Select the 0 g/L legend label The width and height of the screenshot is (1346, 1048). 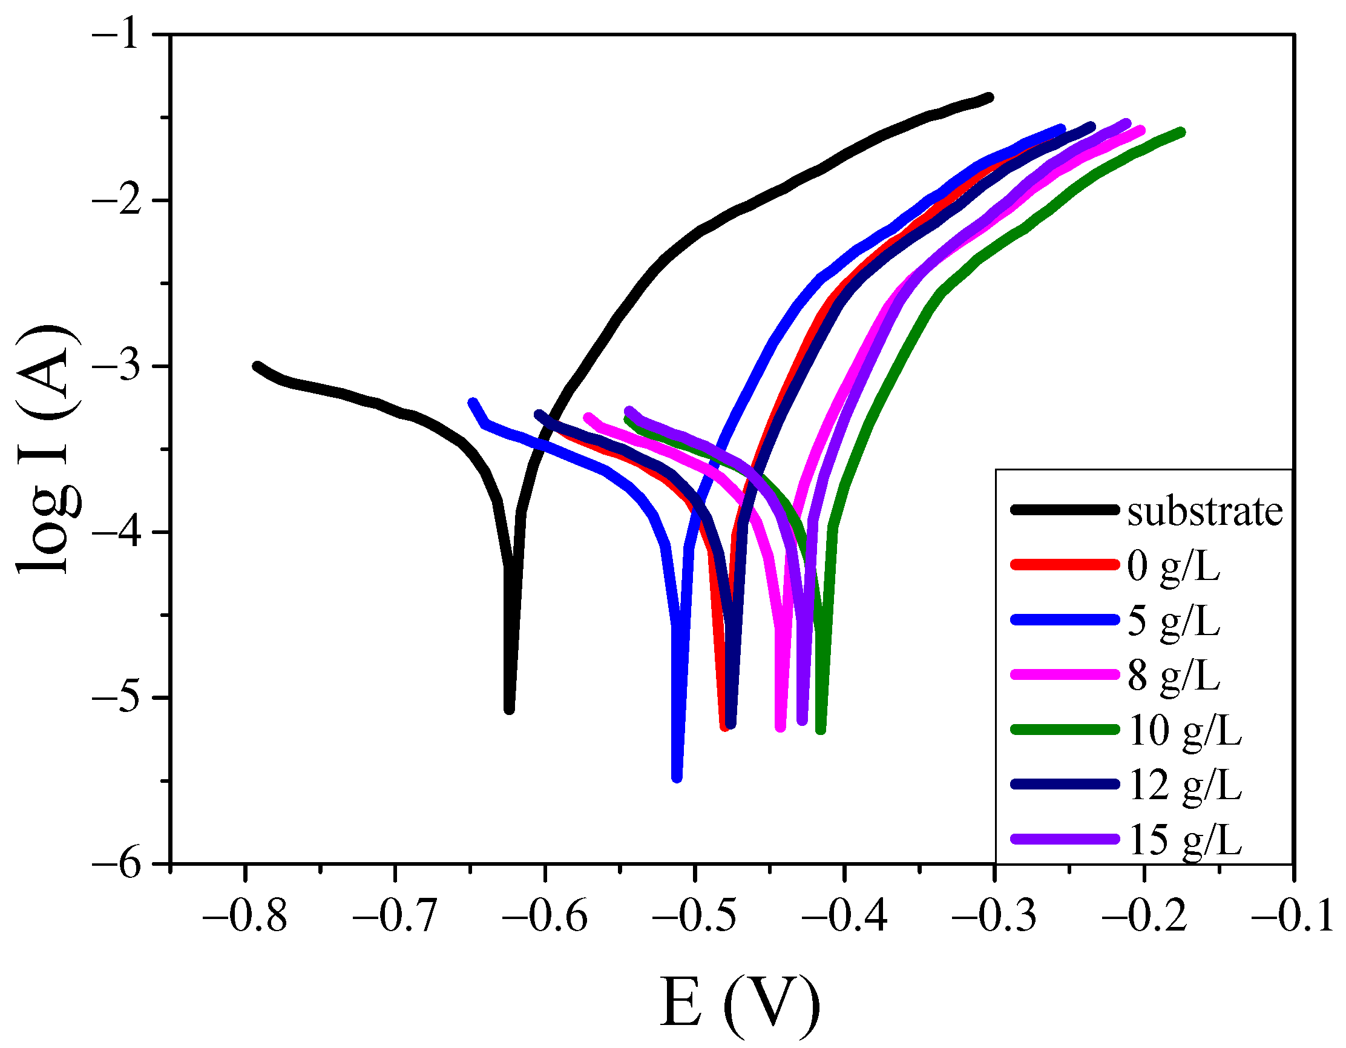[1174, 566]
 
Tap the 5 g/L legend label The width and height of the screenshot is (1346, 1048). [1174, 621]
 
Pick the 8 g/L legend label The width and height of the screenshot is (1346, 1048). [1174, 676]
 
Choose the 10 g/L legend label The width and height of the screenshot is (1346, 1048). [1184, 731]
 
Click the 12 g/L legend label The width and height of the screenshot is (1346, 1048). [1184, 785]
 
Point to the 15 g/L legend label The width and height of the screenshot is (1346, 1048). [1184, 840]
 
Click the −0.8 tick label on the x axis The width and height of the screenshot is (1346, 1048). [245, 916]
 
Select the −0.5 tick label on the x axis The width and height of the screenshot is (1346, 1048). [694, 916]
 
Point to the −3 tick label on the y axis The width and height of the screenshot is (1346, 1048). [123, 366]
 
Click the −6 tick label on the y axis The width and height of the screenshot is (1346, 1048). [123, 865]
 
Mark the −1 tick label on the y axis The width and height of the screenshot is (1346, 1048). [123, 35]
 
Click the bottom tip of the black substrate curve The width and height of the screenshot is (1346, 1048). [509, 710]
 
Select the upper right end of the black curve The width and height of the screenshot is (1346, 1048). [989, 97]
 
